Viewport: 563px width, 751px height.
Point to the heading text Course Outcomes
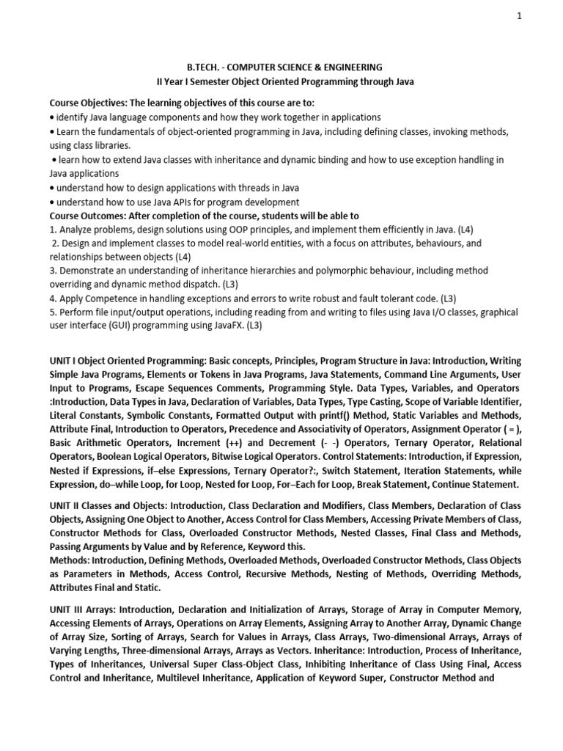[88, 216]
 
